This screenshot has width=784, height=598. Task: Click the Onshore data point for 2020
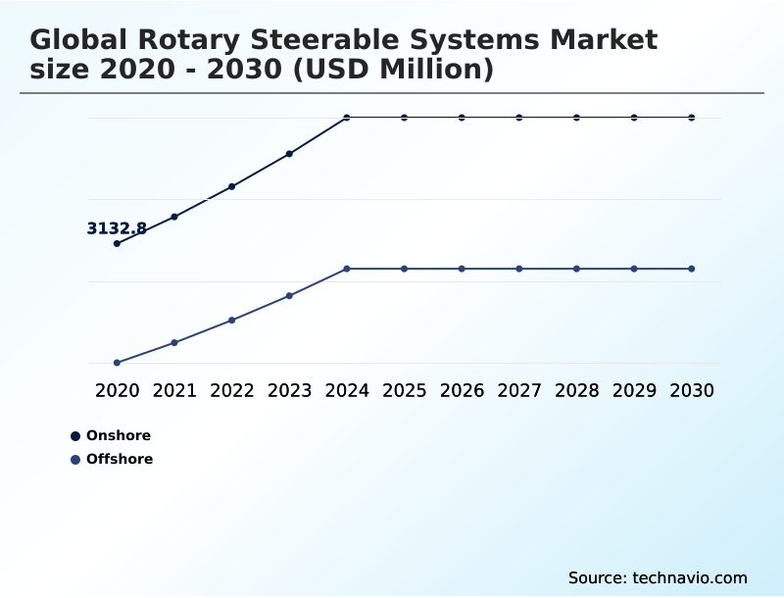[x=117, y=243]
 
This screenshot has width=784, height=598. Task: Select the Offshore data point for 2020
[x=117, y=363]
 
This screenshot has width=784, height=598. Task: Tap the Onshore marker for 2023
[x=289, y=154]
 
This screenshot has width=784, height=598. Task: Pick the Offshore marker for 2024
[x=347, y=269]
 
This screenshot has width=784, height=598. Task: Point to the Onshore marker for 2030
[x=692, y=118]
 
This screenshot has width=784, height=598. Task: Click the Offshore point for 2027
[x=519, y=269]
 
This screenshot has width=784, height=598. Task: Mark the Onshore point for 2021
[x=174, y=217]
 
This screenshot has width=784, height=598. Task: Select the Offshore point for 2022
[x=232, y=321]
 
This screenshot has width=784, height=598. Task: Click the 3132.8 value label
[x=117, y=228]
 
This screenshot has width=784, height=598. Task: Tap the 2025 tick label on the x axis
[x=404, y=390]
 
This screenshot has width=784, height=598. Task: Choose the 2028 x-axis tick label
[x=576, y=390]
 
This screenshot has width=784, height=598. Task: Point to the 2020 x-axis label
[x=117, y=390]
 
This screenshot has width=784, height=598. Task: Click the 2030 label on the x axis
[x=692, y=390]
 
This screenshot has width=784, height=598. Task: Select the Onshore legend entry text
[x=119, y=435]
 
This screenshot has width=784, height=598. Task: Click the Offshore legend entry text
[x=120, y=459]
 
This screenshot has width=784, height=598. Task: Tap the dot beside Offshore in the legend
[x=75, y=459]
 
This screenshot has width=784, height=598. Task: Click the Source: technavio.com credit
[x=658, y=577]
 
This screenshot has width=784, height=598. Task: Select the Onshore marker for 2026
[x=462, y=118]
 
